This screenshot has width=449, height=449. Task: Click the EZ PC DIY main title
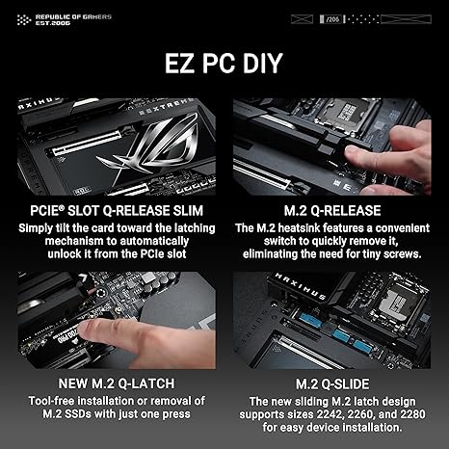pos(224,64)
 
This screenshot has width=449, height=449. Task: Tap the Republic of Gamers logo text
pos(73,19)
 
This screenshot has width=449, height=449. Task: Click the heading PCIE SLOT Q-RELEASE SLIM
pos(117,211)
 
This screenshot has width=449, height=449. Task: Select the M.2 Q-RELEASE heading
pos(332,211)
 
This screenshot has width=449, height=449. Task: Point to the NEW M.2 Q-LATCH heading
pos(117,383)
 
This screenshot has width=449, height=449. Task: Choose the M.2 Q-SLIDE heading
pos(332,384)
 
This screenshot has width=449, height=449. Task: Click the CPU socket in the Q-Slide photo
pos(397,304)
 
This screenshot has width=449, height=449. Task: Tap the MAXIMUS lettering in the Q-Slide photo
pos(301,286)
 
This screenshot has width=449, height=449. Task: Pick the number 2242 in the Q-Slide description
pos(329,414)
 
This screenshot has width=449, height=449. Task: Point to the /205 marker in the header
pos(332,19)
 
